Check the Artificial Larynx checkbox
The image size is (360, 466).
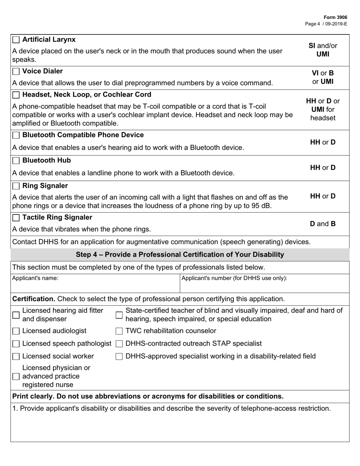(x=16, y=40)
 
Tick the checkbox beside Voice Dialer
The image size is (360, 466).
(x=16, y=72)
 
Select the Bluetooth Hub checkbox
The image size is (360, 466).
(x=16, y=161)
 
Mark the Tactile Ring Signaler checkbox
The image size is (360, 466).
(x=16, y=218)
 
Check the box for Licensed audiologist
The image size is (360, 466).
(x=16, y=332)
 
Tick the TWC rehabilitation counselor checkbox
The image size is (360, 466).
(x=119, y=332)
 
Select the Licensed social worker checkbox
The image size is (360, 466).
(x=16, y=357)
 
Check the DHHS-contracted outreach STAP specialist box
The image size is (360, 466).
(x=119, y=344)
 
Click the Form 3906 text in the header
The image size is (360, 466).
(x=335, y=17)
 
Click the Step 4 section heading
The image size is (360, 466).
(x=180, y=255)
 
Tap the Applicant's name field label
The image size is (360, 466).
(x=35, y=278)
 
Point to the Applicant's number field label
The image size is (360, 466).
(x=234, y=278)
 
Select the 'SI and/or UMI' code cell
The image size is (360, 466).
(x=322, y=50)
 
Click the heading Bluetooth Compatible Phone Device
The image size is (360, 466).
(x=83, y=135)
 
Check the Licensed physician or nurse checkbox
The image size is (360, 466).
(x=16, y=377)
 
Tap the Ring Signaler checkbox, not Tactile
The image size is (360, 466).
(x=16, y=186)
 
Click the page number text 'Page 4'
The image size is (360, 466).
(x=313, y=23)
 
